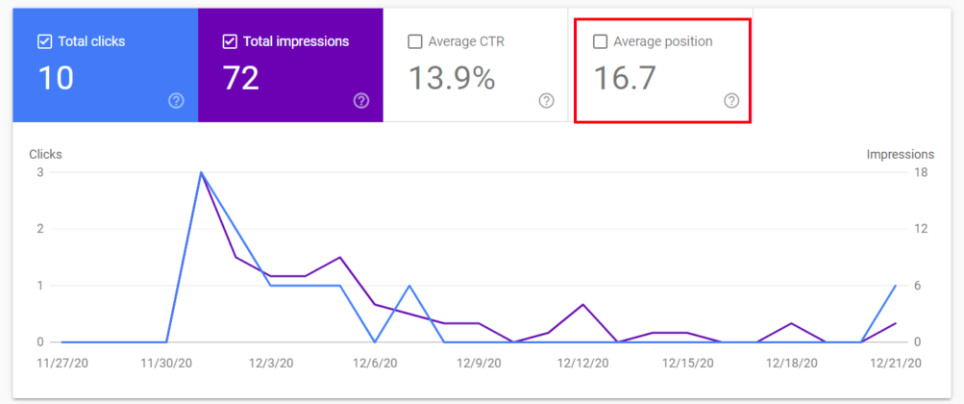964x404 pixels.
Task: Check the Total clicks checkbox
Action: [44, 42]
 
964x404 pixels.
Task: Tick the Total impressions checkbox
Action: [230, 42]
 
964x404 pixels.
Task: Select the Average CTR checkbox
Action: [415, 42]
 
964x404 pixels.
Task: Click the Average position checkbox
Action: [601, 42]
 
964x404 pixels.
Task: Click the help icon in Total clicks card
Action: [176, 100]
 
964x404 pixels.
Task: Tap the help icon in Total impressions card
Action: [361, 100]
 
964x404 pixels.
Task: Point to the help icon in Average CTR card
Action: [547, 100]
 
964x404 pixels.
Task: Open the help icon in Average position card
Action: [731, 100]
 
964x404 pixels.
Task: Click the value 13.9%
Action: [452, 78]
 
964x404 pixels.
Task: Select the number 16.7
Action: [624, 78]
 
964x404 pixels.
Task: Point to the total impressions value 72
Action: [240, 78]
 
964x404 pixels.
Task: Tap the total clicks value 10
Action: [56, 78]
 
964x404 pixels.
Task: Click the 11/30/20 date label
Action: [165, 364]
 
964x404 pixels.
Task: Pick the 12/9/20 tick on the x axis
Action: [478, 364]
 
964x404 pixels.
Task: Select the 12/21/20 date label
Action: [896, 364]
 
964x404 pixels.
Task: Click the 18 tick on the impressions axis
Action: [919, 172]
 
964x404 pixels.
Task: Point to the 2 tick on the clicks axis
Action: [40, 229]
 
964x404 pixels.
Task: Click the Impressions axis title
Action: [900, 154]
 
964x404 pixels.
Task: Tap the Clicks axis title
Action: [45, 154]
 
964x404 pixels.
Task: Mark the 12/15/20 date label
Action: [687, 364]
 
